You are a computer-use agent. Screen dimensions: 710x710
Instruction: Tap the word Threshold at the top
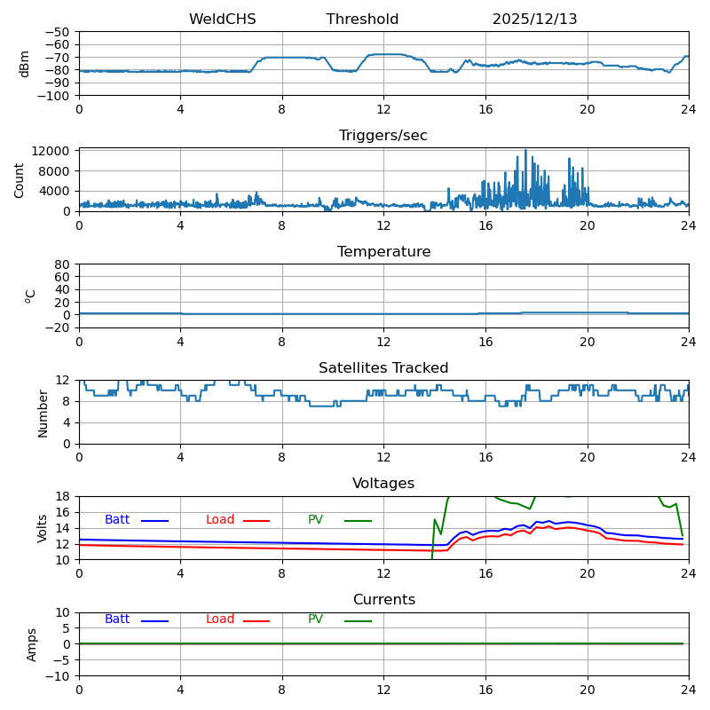coord(362,20)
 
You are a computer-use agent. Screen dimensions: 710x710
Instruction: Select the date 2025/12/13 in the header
coord(534,20)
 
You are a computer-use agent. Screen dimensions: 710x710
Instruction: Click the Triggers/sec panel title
coord(383,136)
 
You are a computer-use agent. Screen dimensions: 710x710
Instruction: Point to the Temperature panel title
coord(383,252)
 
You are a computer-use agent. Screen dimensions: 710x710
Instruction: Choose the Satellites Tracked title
coord(383,368)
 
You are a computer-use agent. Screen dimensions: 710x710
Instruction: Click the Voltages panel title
coord(383,484)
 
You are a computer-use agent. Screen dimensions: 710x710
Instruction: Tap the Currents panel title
coord(383,600)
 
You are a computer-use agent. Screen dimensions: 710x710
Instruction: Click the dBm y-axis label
coord(25,63)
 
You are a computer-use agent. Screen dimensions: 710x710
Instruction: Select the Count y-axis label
coord(20,179)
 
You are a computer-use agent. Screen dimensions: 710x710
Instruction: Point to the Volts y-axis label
coord(43,528)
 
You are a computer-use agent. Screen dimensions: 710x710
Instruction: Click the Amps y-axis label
coord(32,644)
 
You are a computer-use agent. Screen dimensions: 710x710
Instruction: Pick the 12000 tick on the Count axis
coord(54,151)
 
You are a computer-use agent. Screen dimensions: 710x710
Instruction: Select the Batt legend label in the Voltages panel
coord(117,520)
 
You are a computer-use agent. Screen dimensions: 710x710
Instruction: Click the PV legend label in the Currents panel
coord(316,619)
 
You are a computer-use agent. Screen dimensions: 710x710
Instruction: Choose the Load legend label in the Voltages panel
coord(220,520)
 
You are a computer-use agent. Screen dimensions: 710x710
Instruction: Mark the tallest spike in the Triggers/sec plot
coord(525,151)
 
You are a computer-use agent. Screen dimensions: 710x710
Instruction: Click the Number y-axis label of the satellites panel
coord(43,413)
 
